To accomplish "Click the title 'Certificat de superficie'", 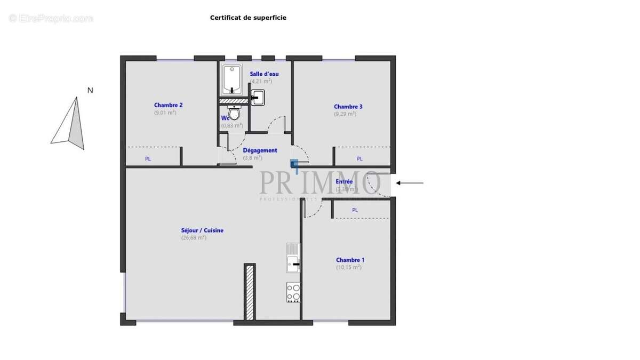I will (248, 18).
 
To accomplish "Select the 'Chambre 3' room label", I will (348, 107).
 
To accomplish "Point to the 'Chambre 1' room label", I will (350, 260).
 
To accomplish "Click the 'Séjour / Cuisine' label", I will (202, 230).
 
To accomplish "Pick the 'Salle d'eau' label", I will (264, 74).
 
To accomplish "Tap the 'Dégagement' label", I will (260, 150).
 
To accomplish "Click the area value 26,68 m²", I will (194, 238).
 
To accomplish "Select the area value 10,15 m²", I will (349, 267).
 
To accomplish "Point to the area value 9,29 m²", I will (345, 114).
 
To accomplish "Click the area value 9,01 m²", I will (165, 113).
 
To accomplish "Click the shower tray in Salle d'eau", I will (232, 79).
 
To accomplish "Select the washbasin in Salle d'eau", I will (258, 97).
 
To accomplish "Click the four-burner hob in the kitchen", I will (293, 292).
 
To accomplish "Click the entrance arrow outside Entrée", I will (410, 183).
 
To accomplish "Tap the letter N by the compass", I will (90, 90).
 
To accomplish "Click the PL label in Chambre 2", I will (148, 159).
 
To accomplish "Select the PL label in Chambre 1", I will (355, 211).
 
